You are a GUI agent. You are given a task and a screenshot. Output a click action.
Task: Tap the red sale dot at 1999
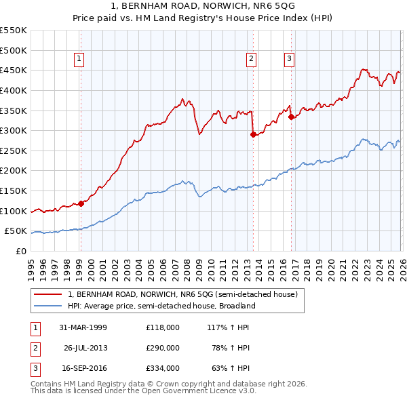tap(81, 203)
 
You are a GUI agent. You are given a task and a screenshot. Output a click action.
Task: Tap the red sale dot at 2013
tap(253, 134)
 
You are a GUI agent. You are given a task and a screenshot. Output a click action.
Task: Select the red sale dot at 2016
tap(291, 117)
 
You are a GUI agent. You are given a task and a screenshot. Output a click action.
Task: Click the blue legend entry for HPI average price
tap(161, 306)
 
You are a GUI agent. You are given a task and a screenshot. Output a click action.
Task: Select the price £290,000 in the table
tap(163, 348)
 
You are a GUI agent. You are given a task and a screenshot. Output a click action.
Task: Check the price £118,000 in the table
tap(163, 327)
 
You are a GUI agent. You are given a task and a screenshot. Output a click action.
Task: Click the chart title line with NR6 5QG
tap(203, 7)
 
